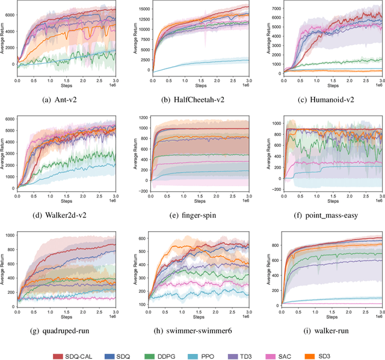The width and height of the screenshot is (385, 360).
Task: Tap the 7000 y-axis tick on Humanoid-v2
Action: coord(271,8)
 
